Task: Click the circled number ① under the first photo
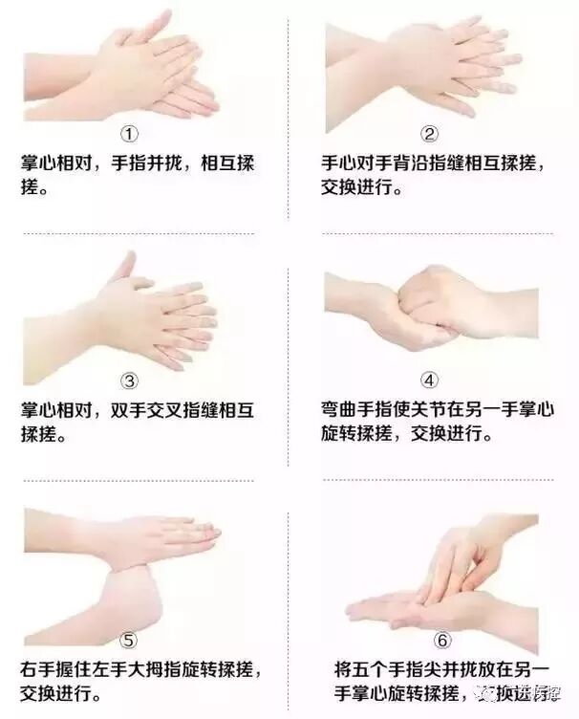129,135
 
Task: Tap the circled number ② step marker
429,134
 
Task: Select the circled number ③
129,381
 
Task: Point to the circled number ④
429,381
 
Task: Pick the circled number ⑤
128,641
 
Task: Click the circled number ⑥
442,641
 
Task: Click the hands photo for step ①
121,68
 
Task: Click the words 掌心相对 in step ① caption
56,163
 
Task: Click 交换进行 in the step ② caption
356,187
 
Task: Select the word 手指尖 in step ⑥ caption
415,669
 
